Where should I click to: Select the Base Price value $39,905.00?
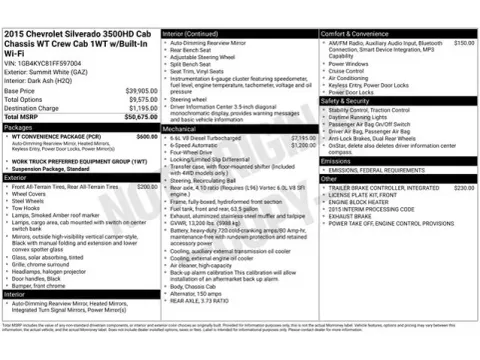tap(139, 90)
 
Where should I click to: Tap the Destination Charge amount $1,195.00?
tap(141, 108)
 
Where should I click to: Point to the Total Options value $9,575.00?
tap(141, 99)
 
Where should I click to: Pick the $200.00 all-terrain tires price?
tap(146, 186)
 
